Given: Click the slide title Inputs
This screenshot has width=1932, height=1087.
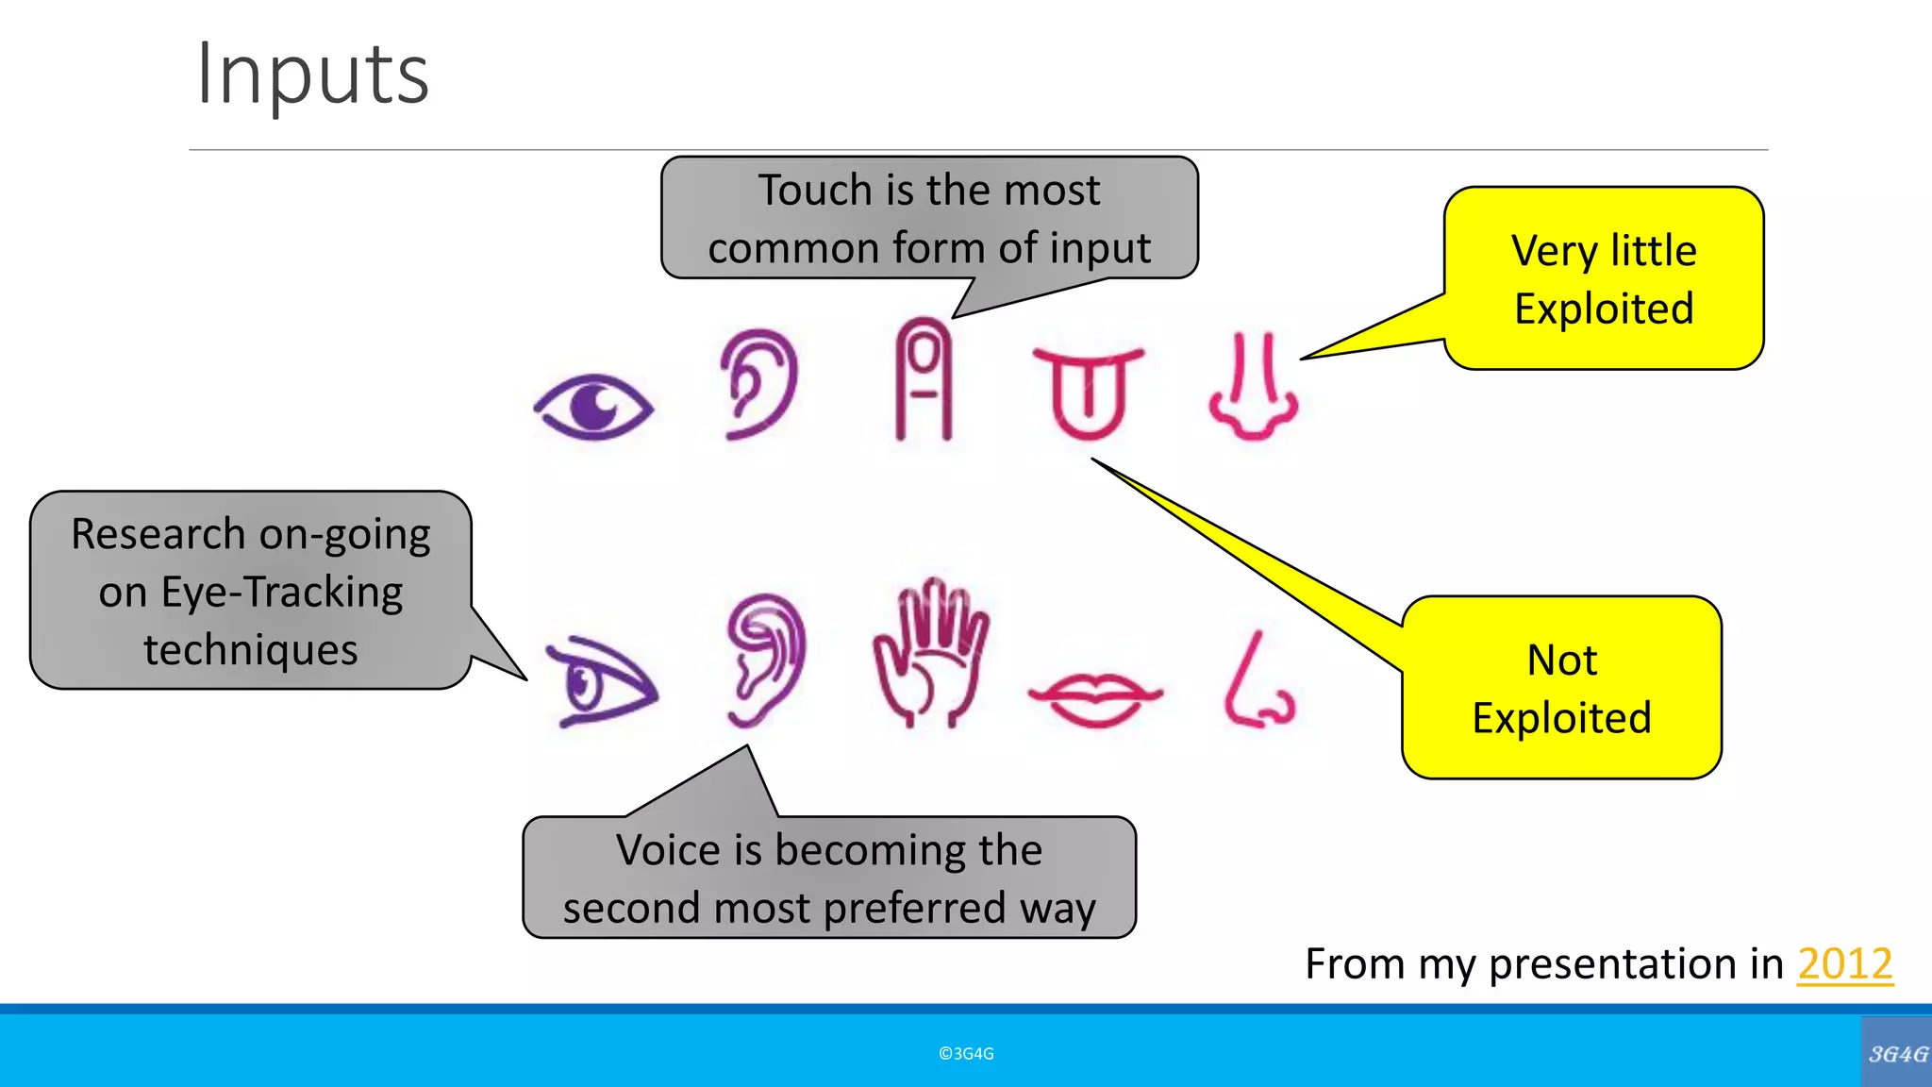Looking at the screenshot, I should (x=312, y=75).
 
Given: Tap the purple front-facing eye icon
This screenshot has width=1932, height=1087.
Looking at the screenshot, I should (x=593, y=408).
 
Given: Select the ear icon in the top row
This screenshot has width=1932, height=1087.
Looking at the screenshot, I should (x=759, y=384).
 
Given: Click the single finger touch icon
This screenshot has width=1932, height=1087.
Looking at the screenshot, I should (x=924, y=379).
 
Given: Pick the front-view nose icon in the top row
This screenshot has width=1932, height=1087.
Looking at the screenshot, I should (x=1254, y=387).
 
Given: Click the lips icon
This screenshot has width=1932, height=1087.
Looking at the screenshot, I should (x=1095, y=699).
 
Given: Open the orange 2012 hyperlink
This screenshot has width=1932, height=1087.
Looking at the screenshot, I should (x=1844, y=964).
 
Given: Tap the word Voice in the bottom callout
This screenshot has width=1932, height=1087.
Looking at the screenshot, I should (x=670, y=850).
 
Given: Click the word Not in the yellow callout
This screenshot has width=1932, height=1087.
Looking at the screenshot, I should (x=1562, y=661).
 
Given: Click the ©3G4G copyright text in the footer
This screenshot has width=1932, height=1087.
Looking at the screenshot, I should (x=966, y=1054).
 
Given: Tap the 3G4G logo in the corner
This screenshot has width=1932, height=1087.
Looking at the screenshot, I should (x=1897, y=1054).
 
